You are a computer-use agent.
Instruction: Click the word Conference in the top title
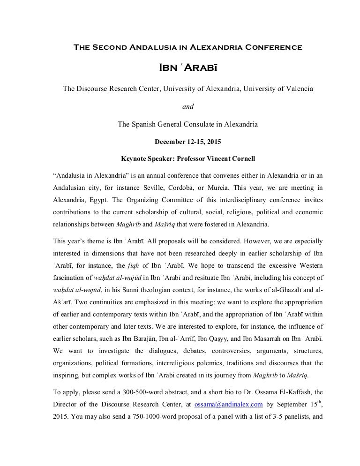tap(272, 47)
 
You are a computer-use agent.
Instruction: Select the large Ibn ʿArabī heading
tap(187, 69)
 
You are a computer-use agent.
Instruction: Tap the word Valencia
tap(297, 89)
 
